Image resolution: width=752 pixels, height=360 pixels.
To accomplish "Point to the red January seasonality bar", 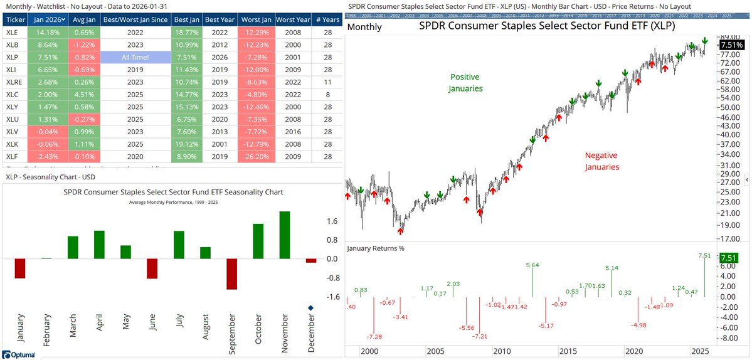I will click(x=19, y=268).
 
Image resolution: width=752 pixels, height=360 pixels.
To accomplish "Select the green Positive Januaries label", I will click(x=465, y=82).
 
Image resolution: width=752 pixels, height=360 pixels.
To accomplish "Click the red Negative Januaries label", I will click(x=601, y=161).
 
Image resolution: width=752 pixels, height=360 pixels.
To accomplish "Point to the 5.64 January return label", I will click(x=532, y=265).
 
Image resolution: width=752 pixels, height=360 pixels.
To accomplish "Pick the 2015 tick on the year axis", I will click(x=568, y=351).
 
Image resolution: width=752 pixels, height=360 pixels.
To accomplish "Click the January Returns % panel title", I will click(x=376, y=248).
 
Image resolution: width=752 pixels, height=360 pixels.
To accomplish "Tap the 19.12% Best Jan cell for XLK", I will click(x=187, y=145).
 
